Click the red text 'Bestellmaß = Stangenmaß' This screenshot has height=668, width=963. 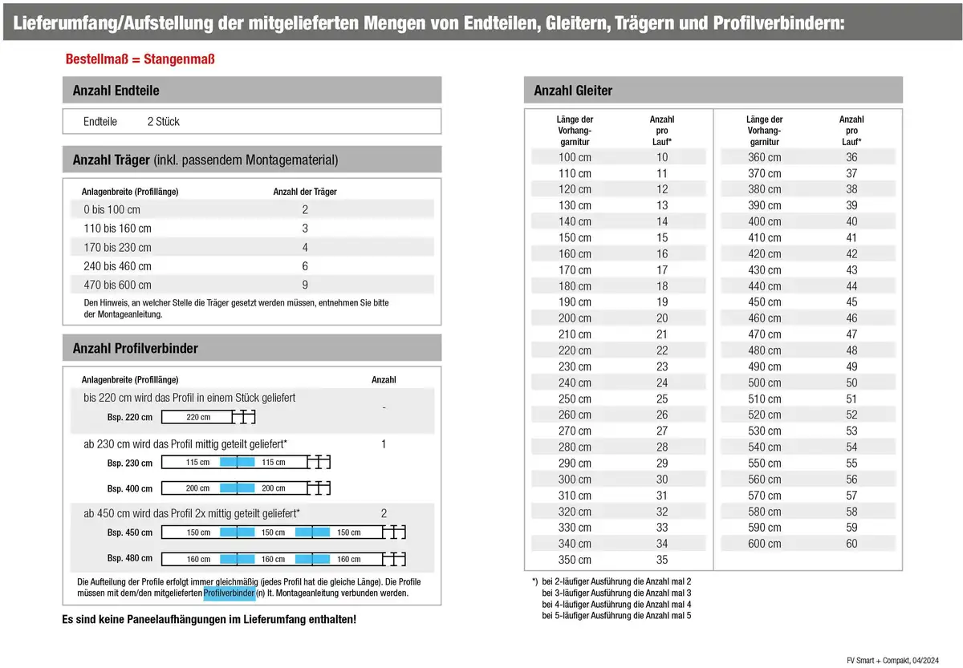tap(140, 59)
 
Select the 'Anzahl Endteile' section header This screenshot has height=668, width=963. tap(116, 91)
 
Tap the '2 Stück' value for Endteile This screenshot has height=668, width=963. tap(163, 122)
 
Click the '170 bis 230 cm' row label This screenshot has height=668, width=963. tap(117, 248)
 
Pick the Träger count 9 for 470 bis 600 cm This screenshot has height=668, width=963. tap(305, 285)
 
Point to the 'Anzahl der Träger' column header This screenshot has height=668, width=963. tap(305, 192)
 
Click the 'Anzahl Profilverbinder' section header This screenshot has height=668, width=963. tap(135, 348)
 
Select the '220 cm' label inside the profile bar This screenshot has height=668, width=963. tap(198, 417)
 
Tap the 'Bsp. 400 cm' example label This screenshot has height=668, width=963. tap(129, 488)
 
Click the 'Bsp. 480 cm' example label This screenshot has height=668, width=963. tap(129, 559)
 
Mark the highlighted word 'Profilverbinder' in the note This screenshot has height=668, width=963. tap(229, 593)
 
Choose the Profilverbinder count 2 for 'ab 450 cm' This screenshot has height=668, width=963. tap(384, 513)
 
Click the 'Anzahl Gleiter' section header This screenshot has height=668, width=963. tap(573, 91)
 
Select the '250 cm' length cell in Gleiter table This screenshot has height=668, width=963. tap(575, 399)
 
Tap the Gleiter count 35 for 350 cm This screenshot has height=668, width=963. tap(662, 560)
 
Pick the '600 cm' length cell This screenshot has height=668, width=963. tap(764, 544)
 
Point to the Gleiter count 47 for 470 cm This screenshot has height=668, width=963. tap(851, 334)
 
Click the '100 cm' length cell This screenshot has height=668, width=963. tap(575, 157)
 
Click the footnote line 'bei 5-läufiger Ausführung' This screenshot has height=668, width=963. tap(616, 615)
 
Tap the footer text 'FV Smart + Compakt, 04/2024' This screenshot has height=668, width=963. tap(892, 659)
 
